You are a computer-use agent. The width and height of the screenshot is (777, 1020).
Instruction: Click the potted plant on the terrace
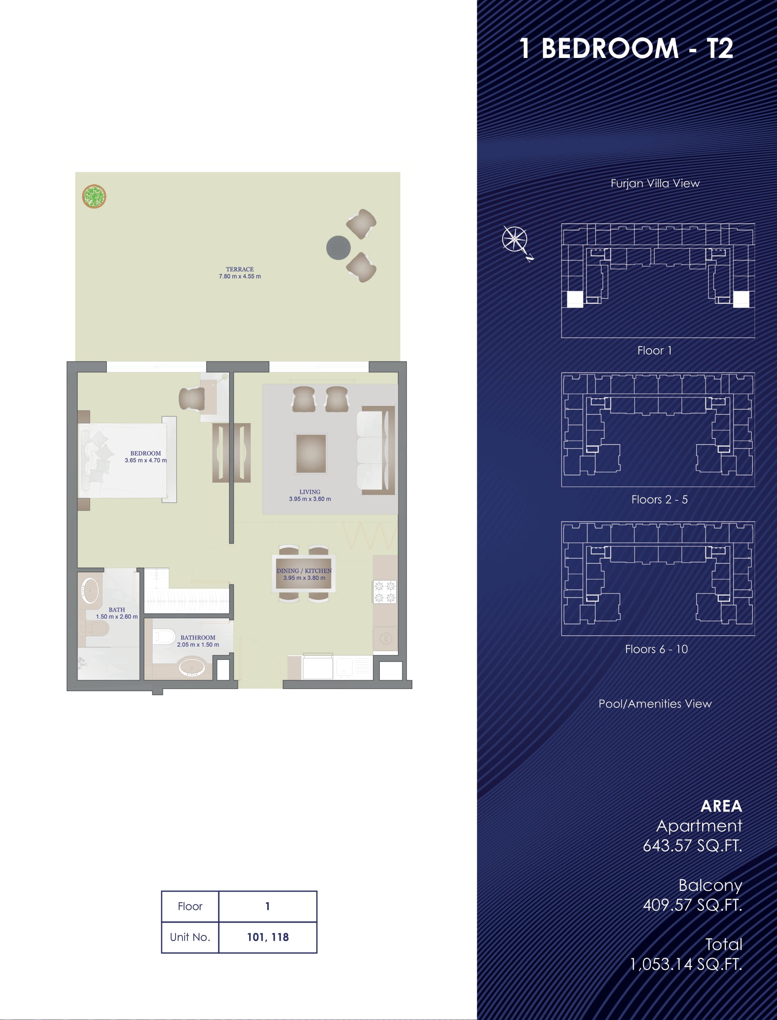(95, 196)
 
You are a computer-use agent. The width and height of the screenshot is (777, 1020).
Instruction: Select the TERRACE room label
(240, 269)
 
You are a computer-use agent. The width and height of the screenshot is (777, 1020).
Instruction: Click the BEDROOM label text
(146, 453)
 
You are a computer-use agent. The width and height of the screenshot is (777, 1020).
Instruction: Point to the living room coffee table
(311, 453)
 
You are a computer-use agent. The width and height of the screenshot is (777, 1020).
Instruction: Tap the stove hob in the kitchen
(385, 592)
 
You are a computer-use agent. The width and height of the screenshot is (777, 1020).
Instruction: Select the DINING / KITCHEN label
(304, 571)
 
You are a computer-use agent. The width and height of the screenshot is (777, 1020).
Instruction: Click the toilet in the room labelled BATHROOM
(164, 636)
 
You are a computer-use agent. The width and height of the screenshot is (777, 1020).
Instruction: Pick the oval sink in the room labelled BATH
(90, 590)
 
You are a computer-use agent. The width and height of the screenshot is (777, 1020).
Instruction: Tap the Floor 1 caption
(654, 351)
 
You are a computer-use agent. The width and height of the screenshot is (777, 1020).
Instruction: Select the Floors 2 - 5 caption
(659, 500)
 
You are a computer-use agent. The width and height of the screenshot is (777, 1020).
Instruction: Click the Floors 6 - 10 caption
(656, 649)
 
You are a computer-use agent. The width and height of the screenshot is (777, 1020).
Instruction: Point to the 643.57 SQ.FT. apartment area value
(692, 846)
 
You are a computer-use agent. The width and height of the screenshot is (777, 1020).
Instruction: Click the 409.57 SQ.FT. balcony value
(692, 905)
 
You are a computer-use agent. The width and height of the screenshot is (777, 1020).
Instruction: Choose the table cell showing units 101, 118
(268, 937)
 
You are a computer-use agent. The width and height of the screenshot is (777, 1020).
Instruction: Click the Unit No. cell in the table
(190, 937)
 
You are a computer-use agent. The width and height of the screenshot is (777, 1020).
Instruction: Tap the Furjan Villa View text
(655, 183)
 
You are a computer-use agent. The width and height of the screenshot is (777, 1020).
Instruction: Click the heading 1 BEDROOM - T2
(626, 48)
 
